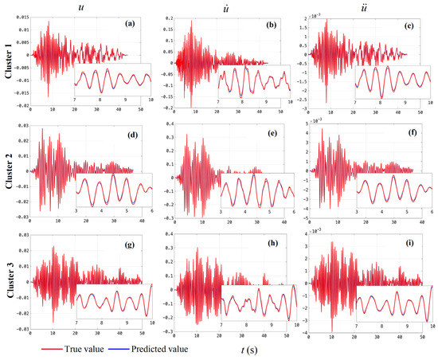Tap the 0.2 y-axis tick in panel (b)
pyautogui.click(x=167, y=16)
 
